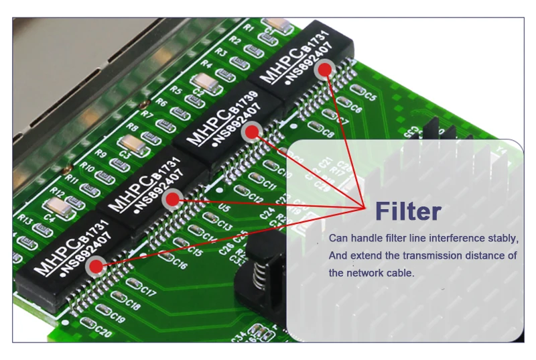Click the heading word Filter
[408, 211]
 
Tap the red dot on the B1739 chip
[252, 132]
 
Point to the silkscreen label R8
[133, 127]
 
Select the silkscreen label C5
[371, 97]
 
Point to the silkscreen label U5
[224, 208]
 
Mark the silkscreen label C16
[179, 264]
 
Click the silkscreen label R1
[249, 28]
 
